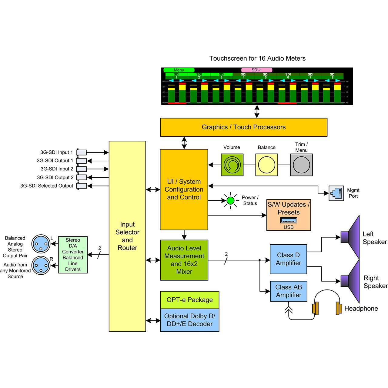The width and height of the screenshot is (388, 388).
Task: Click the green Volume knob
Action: pyautogui.click(x=232, y=165)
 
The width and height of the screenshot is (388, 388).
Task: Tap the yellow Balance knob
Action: pyautogui.click(x=267, y=165)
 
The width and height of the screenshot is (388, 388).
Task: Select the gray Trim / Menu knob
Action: pyautogui.click(x=301, y=165)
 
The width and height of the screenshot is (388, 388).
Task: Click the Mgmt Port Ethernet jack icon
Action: pyautogui.click(x=336, y=193)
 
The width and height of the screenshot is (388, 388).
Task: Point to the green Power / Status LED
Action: pyautogui.click(x=231, y=200)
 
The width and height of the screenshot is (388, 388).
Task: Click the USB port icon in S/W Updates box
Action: pyautogui.click(x=289, y=220)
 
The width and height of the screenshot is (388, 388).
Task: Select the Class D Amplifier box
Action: pyautogui.click(x=288, y=259)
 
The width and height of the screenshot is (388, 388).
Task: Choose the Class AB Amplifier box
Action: pyautogui.click(x=288, y=291)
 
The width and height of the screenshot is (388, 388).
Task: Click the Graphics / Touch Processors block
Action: pyautogui.click(x=243, y=127)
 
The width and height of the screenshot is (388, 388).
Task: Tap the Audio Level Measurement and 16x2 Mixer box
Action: pyautogui.click(x=184, y=260)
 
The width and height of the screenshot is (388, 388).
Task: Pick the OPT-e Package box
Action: pyautogui.click(x=189, y=300)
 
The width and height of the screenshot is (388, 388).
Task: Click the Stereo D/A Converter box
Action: pyautogui.click(x=73, y=255)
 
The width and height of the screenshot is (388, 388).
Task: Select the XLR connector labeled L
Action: pyautogui.click(x=41, y=244)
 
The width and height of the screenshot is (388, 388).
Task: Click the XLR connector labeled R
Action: pyautogui.click(x=41, y=266)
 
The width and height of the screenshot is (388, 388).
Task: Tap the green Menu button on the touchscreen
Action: pyautogui.click(x=179, y=70)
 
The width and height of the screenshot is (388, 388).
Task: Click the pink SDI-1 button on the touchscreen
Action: pyautogui.click(x=256, y=70)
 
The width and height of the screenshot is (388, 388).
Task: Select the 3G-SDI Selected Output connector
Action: pyautogui.click(x=81, y=186)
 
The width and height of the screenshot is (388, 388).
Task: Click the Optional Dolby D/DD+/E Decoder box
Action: pyautogui.click(x=189, y=320)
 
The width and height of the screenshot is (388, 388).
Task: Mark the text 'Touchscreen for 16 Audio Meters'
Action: pyautogui.click(x=257, y=59)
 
